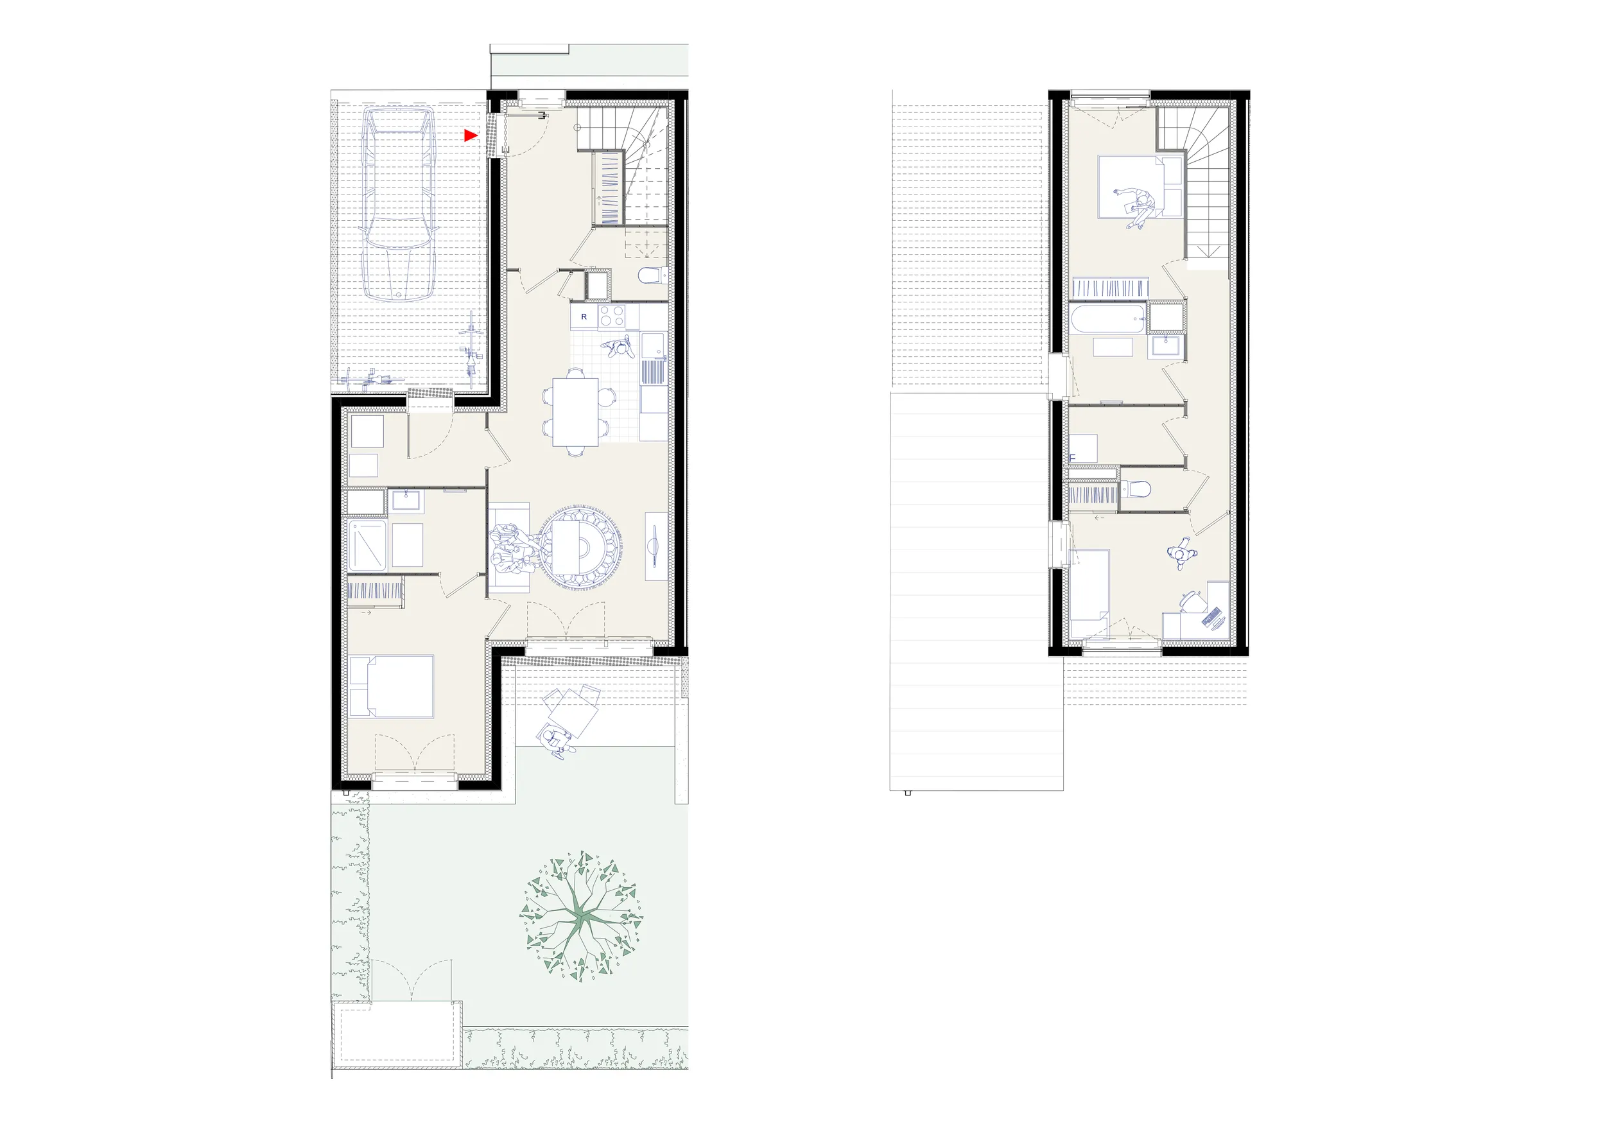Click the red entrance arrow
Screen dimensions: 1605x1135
(471, 135)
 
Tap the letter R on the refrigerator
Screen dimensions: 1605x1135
(584, 317)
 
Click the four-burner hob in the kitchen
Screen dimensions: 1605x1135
(612, 316)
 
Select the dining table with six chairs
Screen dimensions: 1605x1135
(575, 412)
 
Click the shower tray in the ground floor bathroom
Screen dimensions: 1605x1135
(367, 544)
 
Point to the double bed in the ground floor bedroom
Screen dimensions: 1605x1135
(392, 686)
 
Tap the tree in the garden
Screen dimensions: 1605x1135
(581, 916)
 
